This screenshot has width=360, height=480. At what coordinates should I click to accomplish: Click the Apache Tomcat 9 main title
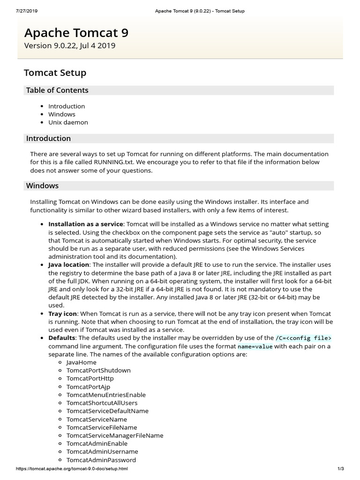(76, 33)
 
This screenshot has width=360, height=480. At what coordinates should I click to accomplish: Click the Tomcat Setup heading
(55, 73)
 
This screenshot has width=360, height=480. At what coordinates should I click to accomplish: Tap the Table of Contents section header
(57, 90)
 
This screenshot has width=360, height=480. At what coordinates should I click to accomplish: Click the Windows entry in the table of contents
(61, 114)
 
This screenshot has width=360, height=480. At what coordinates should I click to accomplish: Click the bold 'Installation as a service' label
(86, 224)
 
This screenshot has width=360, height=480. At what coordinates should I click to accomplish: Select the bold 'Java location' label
(68, 265)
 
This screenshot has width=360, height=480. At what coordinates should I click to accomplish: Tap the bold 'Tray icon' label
(62, 314)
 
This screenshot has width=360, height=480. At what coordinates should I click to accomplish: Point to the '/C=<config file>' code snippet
(303, 338)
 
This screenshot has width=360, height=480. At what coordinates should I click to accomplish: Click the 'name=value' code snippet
(255, 346)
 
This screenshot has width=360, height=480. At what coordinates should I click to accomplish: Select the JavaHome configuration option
(82, 362)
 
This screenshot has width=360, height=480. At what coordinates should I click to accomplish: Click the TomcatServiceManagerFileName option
(115, 435)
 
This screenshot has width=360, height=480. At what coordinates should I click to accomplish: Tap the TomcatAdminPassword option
(101, 460)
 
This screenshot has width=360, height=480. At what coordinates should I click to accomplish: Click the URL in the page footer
(72, 469)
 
